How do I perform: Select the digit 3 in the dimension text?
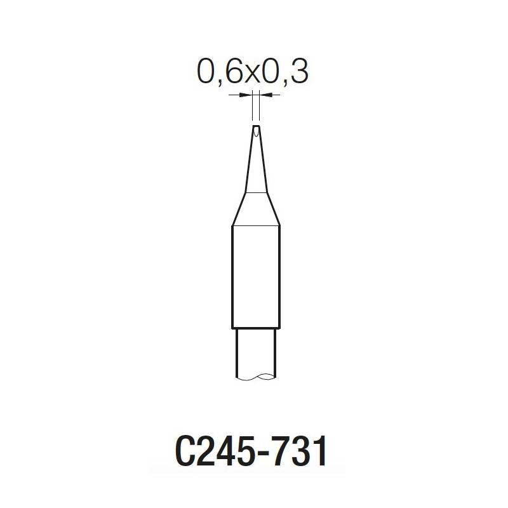point(298,72)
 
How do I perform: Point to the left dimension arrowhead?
point(248,95)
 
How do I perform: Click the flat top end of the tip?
point(256,125)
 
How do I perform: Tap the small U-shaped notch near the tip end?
point(256,131)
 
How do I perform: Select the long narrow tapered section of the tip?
point(256,159)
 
